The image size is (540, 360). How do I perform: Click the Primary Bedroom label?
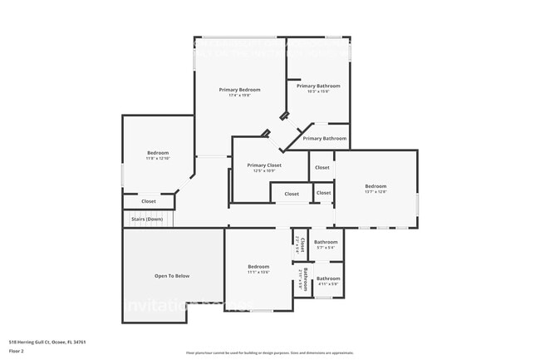pyautogui.click(x=240, y=90)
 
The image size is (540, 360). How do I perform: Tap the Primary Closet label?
pyautogui.click(x=264, y=165)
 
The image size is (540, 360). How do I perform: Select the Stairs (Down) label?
pyautogui.click(x=147, y=219)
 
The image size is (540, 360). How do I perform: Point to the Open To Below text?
pyautogui.click(x=172, y=276)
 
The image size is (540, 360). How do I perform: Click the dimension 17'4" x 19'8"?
pyautogui.click(x=240, y=96)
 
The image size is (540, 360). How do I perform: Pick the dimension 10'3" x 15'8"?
pyautogui.click(x=318, y=91)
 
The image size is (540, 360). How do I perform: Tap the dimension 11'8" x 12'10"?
pyautogui.click(x=158, y=159)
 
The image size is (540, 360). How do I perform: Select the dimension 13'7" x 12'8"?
pyautogui.click(x=376, y=192)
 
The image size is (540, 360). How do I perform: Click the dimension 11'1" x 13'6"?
pyautogui.click(x=258, y=272)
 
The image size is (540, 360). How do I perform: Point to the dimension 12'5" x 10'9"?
pyautogui.click(x=264, y=171)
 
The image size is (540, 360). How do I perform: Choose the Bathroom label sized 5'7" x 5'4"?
pyautogui.click(x=326, y=242)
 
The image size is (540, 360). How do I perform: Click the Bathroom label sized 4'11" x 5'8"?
pyautogui.click(x=328, y=279)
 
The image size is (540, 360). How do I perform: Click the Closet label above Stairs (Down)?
pyautogui.click(x=149, y=201)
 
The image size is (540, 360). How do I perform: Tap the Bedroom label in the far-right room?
pyautogui.click(x=376, y=186)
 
